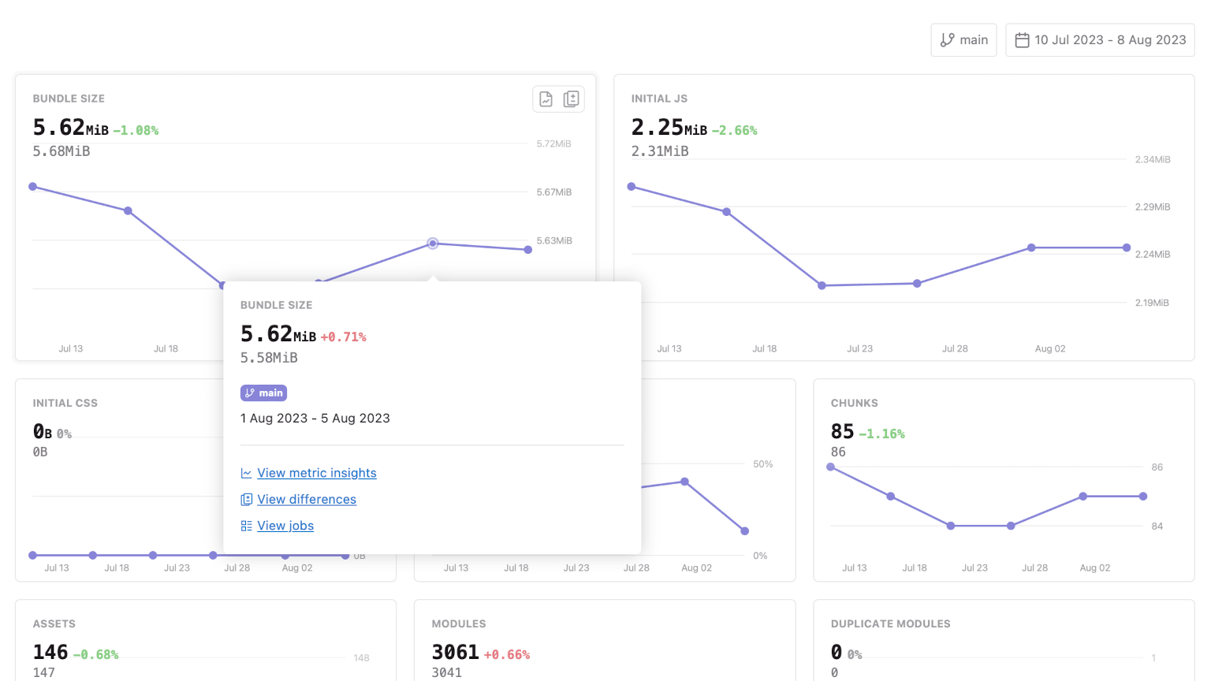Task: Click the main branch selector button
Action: [x=963, y=40]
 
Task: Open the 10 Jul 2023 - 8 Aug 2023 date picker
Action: [x=1100, y=40]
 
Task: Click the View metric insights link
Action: [x=316, y=473]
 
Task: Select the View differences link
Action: [x=306, y=500]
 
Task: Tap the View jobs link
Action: [x=285, y=526]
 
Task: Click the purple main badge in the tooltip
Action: [x=263, y=393]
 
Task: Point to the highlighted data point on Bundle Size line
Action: [x=433, y=244]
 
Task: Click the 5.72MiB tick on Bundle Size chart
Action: [x=553, y=144]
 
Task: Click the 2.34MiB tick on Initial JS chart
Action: [x=1152, y=160]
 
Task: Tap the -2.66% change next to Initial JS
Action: [x=734, y=131]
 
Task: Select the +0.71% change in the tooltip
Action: [x=343, y=337]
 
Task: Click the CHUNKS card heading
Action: [x=854, y=403]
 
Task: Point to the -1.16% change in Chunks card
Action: [x=881, y=434]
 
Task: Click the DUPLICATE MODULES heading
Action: [x=890, y=623]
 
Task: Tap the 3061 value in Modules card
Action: [x=455, y=652]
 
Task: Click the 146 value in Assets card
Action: [x=50, y=652]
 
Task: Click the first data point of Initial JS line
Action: [x=632, y=187]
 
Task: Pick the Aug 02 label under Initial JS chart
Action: [x=1049, y=348]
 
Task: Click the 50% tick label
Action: [x=762, y=464]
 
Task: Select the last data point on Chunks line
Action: [x=1143, y=497]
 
